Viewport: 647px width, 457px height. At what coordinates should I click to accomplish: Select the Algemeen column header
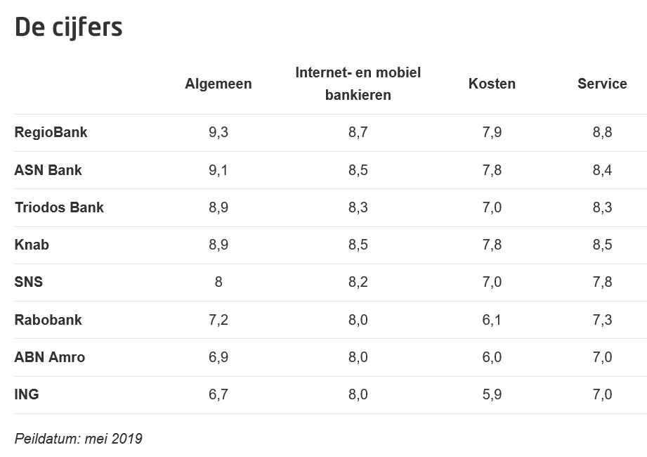[218, 84]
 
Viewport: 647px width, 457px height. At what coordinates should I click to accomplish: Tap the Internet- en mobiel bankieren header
[358, 84]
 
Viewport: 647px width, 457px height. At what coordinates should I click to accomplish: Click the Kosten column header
[492, 84]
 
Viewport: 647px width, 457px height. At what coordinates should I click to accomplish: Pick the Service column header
[602, 84]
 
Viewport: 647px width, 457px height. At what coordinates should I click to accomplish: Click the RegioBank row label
[51, 132]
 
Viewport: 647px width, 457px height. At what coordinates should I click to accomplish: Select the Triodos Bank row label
[59, 207]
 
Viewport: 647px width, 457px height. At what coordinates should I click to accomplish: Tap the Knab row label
[32, 245]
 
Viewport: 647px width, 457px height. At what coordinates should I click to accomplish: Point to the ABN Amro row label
[49, 357]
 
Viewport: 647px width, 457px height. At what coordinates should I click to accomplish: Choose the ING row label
[27, 394]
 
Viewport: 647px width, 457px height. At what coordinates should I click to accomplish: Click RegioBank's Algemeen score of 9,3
[218, 132]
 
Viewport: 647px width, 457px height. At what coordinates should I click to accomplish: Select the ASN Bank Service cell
[602, 170]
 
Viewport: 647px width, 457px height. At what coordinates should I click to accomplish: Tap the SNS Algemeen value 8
[218, 282]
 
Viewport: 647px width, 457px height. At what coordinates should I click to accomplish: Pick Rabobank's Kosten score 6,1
[492, 320]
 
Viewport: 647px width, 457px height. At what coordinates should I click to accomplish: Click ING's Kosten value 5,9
[492, 394]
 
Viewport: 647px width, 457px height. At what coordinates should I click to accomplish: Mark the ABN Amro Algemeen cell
[218, 357]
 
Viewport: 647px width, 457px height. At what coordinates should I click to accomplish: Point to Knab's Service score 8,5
[602, 245]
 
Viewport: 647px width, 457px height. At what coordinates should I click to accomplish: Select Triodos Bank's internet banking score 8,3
[358, 207]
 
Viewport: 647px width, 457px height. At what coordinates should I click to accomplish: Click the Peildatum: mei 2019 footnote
[78, 439]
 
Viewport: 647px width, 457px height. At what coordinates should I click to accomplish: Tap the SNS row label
[28, 282]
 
